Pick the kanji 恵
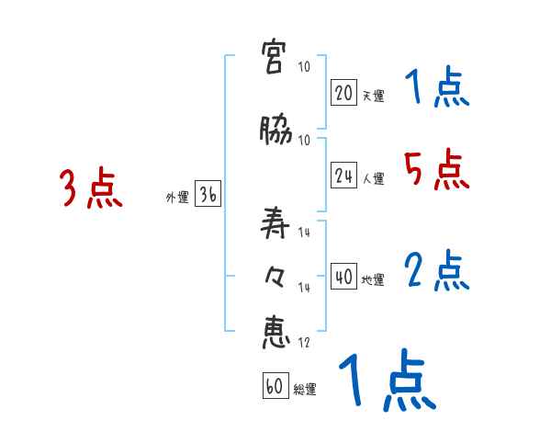click(x=276, y=332)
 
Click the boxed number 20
click(x=344, y=93)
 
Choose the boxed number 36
click(x=208, y=196)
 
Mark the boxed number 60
click(x=275, y=387)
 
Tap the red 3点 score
click(x=92, y=188)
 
